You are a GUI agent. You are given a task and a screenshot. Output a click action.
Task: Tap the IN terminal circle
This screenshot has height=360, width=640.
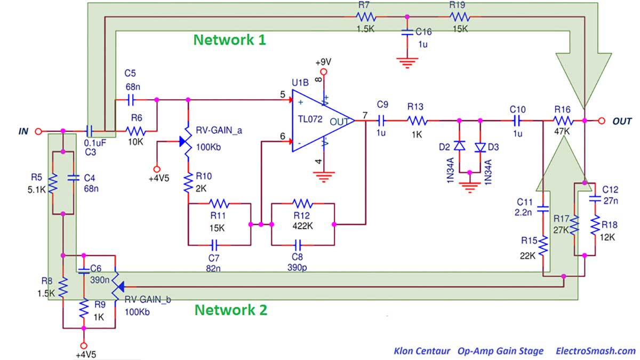pos(38,131)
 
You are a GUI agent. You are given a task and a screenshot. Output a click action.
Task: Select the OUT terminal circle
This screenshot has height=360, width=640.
pos(602,121)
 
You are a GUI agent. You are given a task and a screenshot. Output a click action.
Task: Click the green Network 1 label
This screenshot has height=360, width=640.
pos(230,39)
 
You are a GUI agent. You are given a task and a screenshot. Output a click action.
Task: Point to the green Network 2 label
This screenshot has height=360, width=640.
pos(231,310)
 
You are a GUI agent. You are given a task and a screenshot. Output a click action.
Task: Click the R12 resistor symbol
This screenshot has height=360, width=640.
pos(303,203)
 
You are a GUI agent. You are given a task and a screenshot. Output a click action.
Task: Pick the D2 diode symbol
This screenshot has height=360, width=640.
pos(459,146)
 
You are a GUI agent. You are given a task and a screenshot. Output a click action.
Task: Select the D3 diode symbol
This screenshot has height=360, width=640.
pos(481,147)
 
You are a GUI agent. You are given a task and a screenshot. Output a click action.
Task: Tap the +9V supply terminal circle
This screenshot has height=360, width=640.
pos(323,71)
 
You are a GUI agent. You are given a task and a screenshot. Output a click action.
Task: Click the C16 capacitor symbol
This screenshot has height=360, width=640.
pos(407,33)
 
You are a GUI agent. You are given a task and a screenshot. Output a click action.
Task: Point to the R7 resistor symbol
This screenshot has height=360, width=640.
pos(366,17)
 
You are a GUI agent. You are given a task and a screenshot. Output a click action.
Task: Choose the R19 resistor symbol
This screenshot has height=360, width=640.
pos(460,17)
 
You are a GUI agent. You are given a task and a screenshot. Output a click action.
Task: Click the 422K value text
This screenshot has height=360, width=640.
pos(302,226)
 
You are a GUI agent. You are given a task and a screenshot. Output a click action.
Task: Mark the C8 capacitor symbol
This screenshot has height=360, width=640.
pos(298,245)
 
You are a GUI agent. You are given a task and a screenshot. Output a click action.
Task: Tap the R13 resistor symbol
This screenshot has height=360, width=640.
pos(417,121)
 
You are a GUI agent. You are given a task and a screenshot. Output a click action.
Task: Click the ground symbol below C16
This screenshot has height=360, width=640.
pos(407,63)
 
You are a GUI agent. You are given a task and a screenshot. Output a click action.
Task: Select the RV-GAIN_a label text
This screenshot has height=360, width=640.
pos(219,131)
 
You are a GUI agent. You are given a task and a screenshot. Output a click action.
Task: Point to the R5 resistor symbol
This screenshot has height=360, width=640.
pos(53,183)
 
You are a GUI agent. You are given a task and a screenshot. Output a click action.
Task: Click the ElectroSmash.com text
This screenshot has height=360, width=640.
pos(596,351)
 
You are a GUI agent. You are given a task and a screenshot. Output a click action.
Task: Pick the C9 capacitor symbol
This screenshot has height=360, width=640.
pos(381,121)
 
